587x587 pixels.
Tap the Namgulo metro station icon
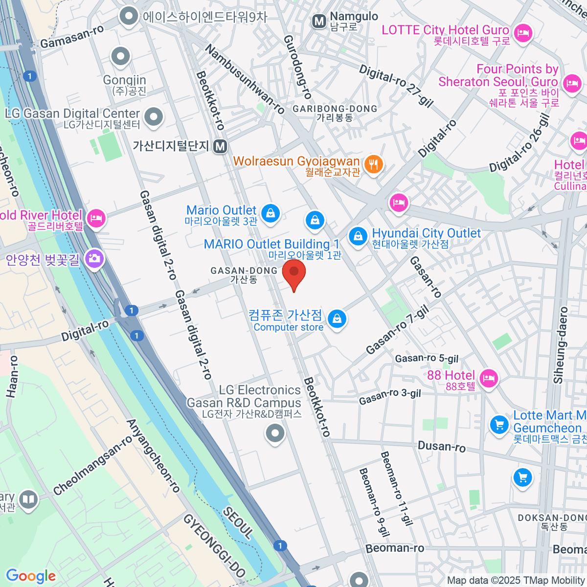(x=319, y=21)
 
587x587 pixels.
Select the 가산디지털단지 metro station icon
(x=220, y=146)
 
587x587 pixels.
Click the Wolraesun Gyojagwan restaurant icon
(x=374, y=164)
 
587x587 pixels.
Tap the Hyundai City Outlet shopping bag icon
(x=358, y=237)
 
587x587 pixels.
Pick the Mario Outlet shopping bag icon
(x=270, y=213)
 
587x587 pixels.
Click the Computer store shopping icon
(x=337, y=319)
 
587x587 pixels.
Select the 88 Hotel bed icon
(x=489, y=378)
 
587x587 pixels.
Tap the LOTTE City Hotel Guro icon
(x=523, y=33)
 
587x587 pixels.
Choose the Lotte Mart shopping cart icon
(x=499, y=424)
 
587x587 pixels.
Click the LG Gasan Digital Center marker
(x=155, y=117)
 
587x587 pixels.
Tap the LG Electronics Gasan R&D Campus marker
(x=275, y=433)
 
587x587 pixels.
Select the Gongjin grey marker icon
(x=120, y=56)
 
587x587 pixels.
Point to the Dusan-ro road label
(x=441, y=446)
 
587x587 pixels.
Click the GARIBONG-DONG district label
(x=335, y=109)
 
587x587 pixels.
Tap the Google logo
(x=31, y=576)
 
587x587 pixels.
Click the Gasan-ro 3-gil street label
(x=390, y=396)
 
